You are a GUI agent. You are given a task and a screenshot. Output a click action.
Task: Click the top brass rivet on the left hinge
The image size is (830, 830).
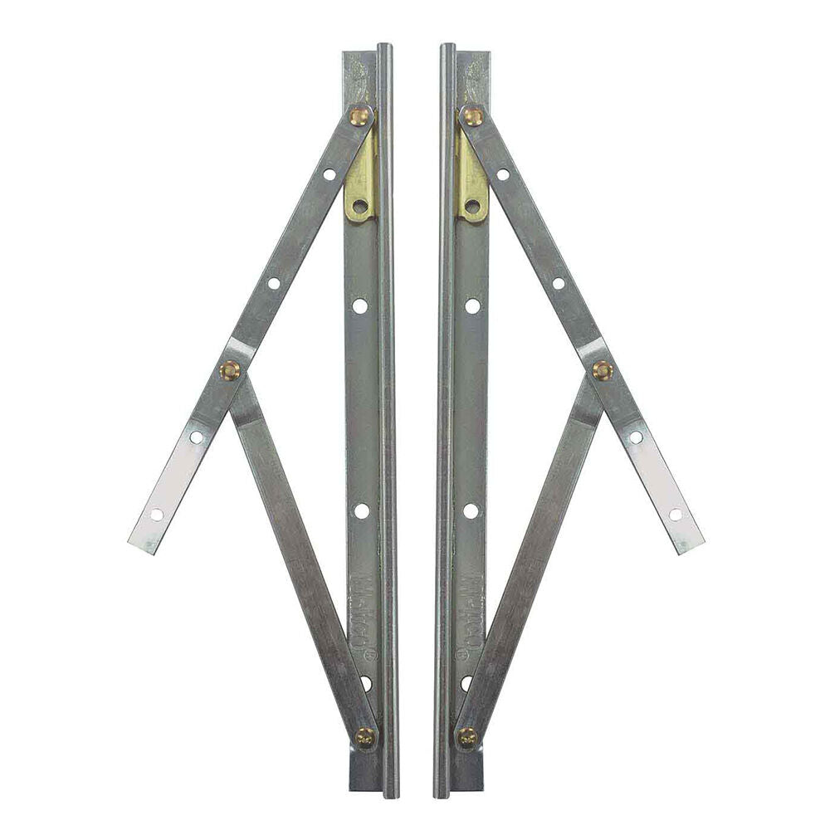360,116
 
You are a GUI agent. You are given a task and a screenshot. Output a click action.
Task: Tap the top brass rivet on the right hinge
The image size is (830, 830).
472,116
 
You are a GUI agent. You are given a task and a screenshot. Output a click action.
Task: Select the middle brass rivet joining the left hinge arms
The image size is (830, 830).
229,370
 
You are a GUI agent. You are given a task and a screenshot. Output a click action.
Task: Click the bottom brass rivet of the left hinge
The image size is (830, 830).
364,735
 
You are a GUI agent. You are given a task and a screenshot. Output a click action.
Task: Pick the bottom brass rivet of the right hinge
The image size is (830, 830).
467,735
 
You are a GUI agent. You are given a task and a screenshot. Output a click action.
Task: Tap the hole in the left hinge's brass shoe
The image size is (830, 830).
359,205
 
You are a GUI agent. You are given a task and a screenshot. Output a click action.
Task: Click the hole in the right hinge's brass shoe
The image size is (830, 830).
472,205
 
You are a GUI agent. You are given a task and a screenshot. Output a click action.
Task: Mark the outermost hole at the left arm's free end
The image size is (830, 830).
156,515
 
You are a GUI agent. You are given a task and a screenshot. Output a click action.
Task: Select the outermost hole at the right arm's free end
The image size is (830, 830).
676,515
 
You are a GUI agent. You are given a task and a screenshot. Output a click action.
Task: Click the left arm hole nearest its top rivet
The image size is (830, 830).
330,174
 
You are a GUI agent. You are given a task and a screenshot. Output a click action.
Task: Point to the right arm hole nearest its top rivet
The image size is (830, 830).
503,174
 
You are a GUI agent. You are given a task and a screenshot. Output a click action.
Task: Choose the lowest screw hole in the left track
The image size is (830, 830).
366,682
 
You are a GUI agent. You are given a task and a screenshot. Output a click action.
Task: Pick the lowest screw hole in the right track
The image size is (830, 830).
466,682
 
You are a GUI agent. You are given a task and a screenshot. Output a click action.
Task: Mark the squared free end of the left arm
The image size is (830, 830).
139,544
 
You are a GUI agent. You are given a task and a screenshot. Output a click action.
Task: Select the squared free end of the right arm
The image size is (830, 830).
692,544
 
